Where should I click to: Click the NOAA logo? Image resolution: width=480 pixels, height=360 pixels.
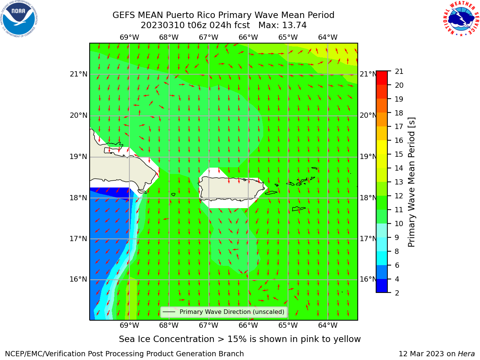coord(19,19)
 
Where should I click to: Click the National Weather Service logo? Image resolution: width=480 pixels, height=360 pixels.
coord(461,19)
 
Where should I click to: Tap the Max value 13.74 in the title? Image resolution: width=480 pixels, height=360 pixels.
coord(294,25)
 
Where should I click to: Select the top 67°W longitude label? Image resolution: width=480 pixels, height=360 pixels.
coord(208,37)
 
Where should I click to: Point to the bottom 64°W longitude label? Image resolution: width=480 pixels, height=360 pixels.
coord(328,325)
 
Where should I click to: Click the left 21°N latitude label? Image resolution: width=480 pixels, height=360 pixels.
coord(78,74)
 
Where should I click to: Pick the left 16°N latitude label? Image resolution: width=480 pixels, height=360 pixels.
coord(78,279)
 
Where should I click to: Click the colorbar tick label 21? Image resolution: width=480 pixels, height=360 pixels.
coord(399,72)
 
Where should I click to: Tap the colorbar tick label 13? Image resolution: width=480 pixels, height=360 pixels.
coord(399,182)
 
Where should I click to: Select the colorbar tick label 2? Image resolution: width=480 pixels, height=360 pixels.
coord(397,293)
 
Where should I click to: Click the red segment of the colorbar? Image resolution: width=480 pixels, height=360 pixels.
coord(382,78)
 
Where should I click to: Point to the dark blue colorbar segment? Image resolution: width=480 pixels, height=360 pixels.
coord(382,286)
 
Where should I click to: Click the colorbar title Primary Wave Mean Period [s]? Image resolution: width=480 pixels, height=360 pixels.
coord(411,182)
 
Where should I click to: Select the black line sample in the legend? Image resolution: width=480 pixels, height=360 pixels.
coord(169,312)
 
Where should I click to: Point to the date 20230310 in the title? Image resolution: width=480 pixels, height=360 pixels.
coord(163,25)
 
